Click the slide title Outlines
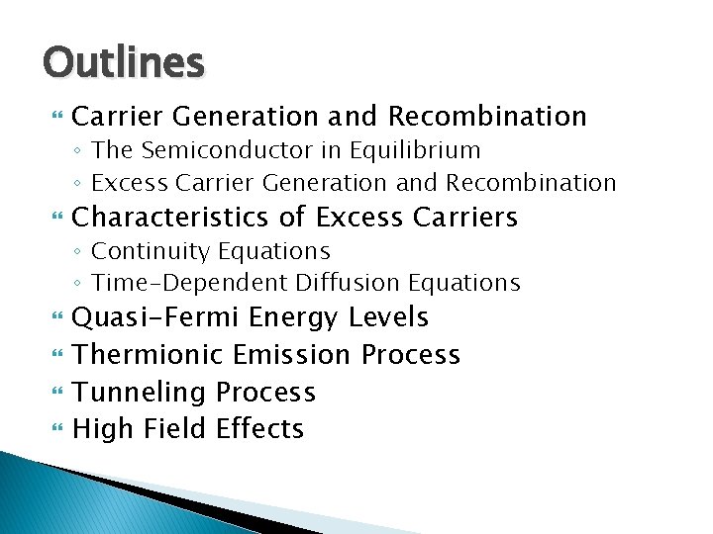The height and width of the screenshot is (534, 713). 124,62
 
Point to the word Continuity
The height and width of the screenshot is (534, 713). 146,251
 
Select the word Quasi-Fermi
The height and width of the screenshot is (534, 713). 157,317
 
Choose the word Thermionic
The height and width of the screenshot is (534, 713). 149,354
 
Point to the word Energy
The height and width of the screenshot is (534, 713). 294,318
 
